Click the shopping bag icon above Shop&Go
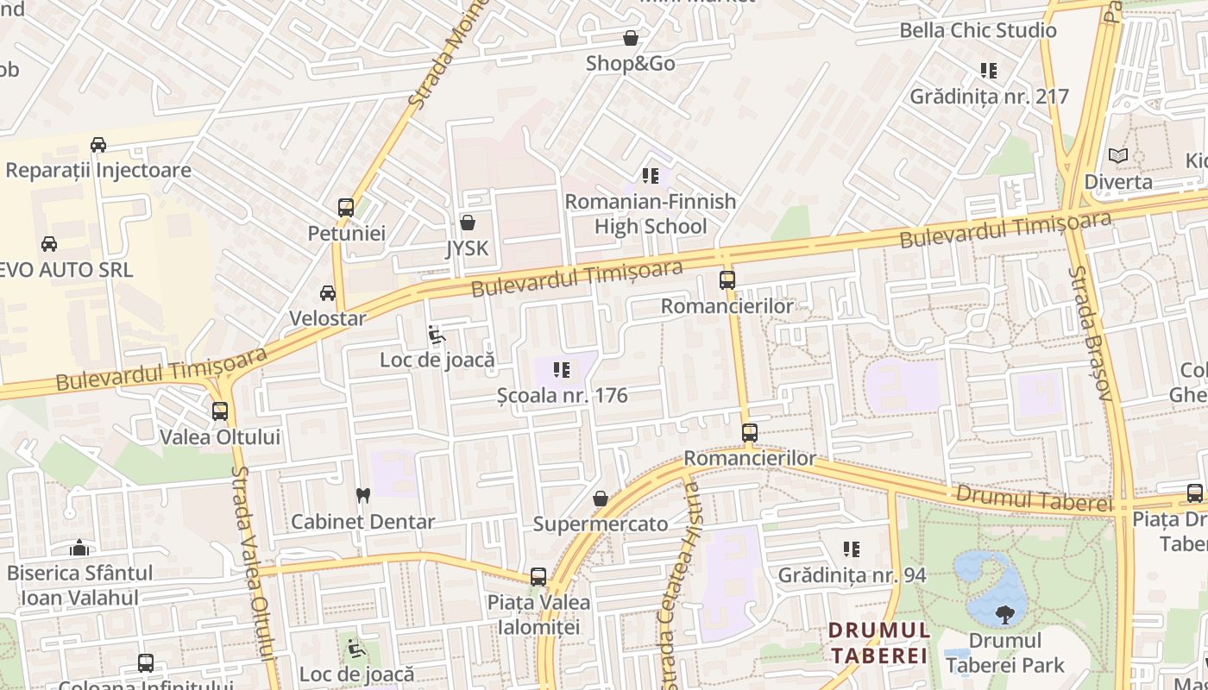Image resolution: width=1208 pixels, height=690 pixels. [631, 39]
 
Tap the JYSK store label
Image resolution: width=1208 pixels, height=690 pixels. [467, 248]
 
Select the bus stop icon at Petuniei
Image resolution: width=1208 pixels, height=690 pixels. [346, 208]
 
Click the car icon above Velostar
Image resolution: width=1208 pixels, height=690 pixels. [328, 293]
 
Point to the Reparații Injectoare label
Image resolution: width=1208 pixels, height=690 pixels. [98, 170]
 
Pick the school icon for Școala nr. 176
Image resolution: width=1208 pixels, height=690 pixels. [562, 371]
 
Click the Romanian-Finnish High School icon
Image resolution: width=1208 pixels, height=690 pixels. [651, 176]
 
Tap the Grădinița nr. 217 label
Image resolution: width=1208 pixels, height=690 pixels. [989, 97]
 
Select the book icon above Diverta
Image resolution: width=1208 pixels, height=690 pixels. [1118, 156]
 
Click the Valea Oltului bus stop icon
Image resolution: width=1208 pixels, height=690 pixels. [220, 411]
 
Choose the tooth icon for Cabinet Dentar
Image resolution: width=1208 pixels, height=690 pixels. [363, 496]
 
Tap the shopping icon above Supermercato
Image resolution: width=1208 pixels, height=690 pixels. [601, 499]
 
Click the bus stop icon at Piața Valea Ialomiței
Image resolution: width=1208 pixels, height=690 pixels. [538, 576]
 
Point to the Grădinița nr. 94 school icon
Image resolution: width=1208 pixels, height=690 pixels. [852, 549]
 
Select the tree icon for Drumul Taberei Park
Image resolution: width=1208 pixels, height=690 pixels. [1004, 615]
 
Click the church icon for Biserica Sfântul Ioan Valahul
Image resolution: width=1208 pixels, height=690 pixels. [79, 548]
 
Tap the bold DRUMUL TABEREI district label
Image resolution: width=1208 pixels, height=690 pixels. [878, 643]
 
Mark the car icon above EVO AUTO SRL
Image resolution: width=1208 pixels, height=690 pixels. [49, 244]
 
